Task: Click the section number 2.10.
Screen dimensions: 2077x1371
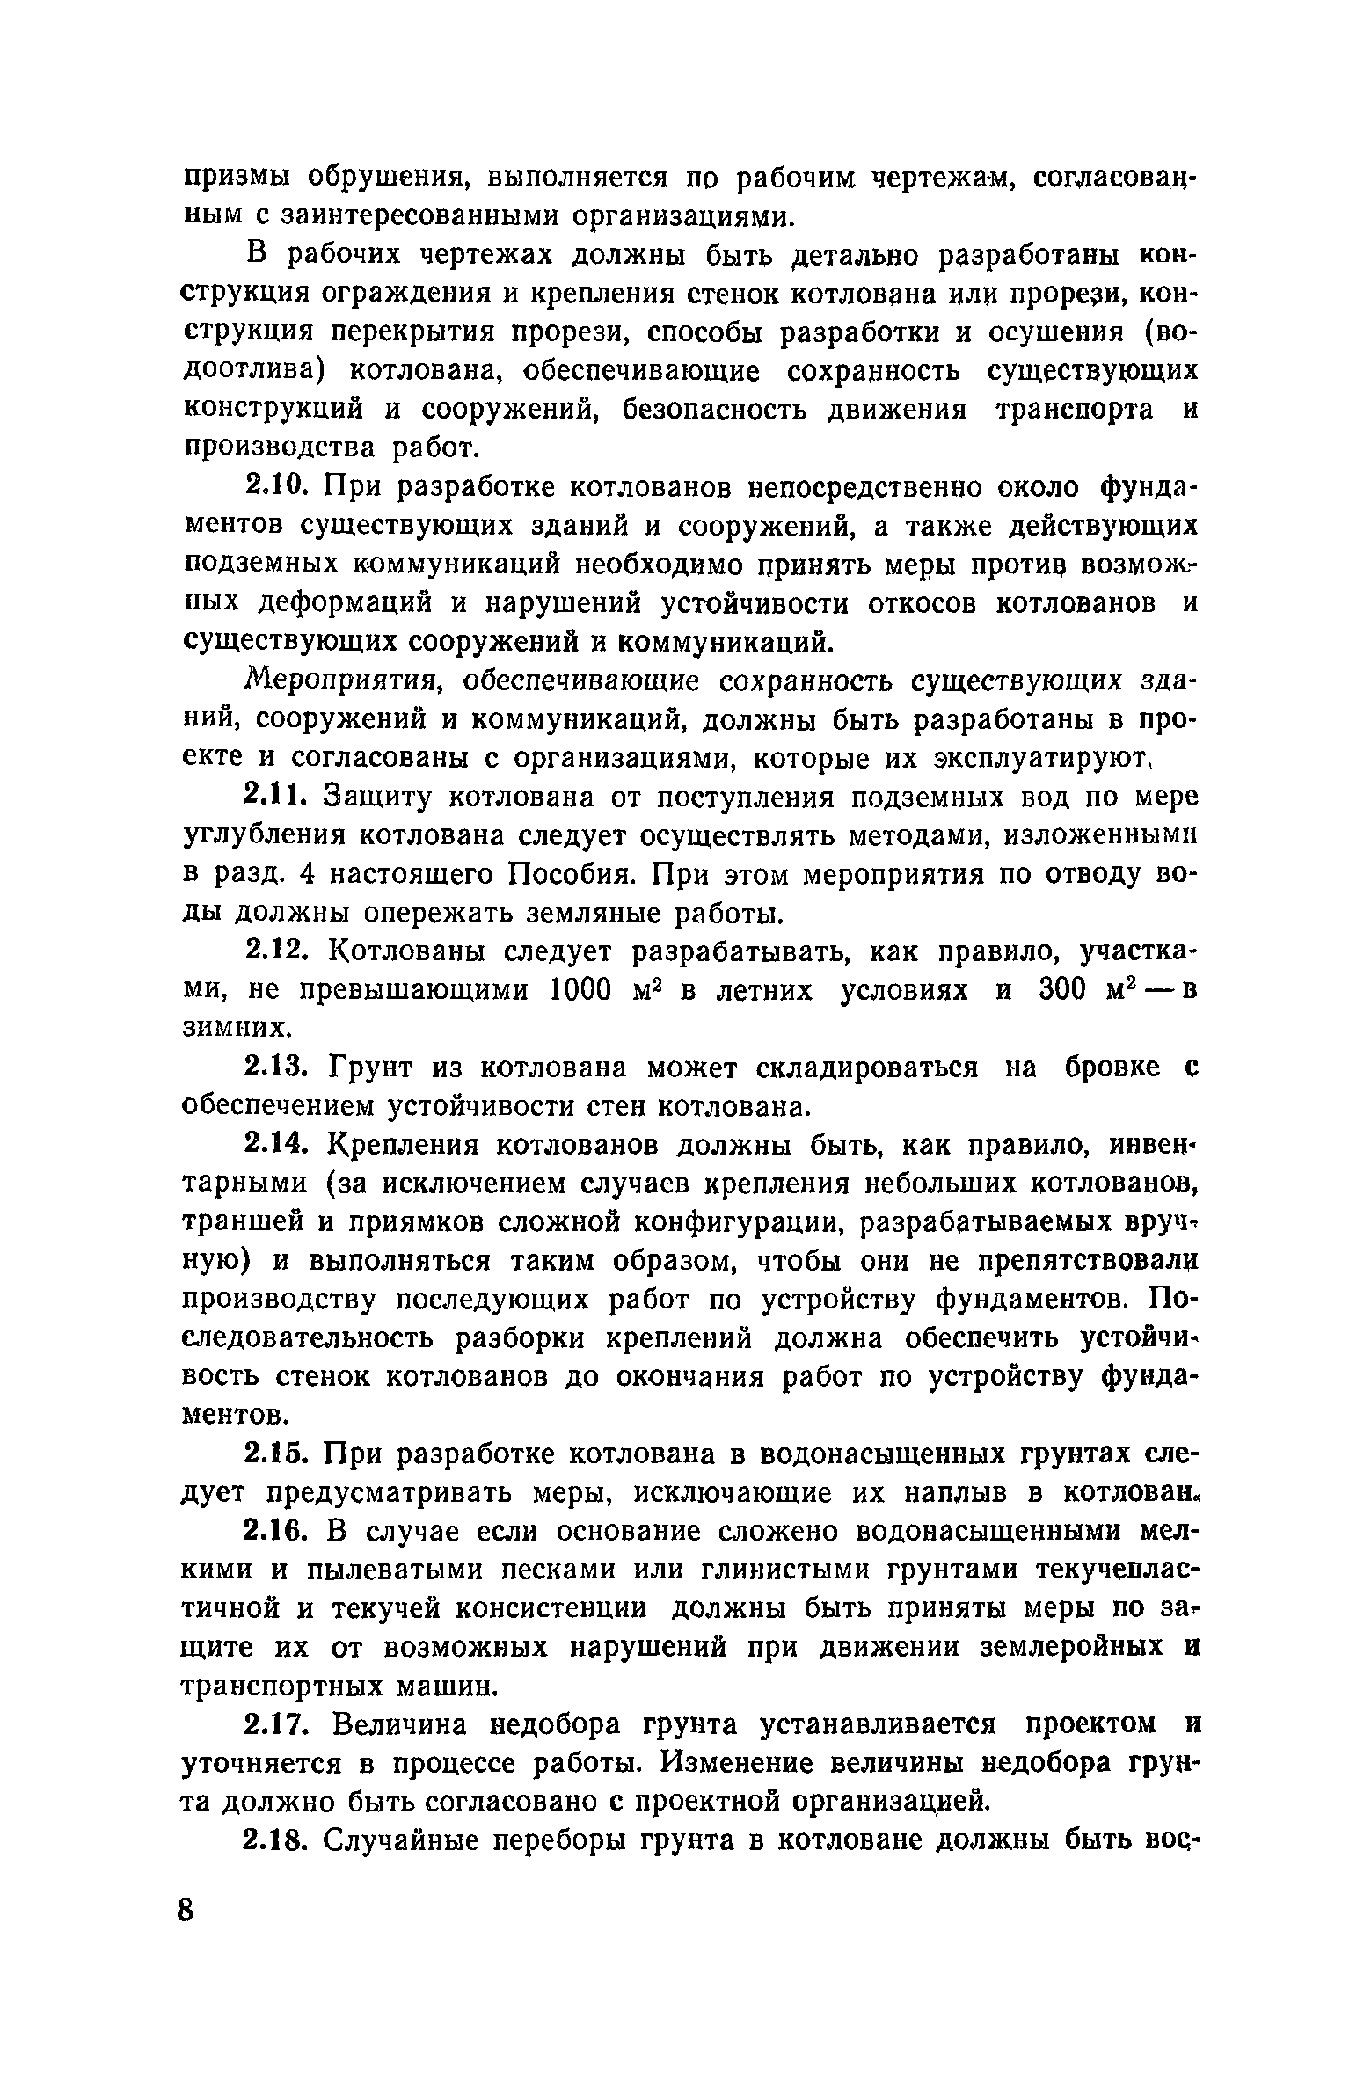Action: point(278,485)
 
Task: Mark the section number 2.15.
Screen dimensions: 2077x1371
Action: point(278,1455)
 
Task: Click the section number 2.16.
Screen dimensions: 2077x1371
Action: point(278,1532)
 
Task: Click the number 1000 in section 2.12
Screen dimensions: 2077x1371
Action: point(580,990)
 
